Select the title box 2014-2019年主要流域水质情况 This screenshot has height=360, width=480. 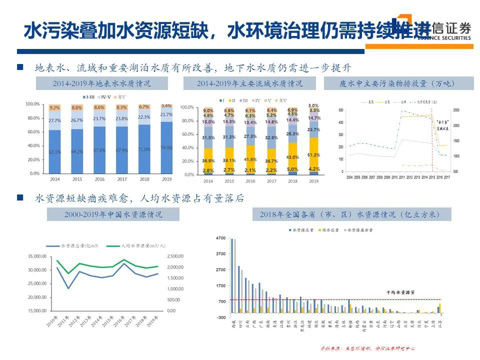pyautogui.click(x=249, y=83)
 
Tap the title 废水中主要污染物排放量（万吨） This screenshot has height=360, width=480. pyautogui.click(x=398, y=83)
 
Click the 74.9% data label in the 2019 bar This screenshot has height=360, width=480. pyautogui.click(x=166, y=148)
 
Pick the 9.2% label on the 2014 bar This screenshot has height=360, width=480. pyautogui.click(x=54, y=108)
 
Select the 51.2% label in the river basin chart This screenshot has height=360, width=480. pyautogui.click(x=313, y=155)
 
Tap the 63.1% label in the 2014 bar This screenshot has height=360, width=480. pyautogui.click(x=54, y=152)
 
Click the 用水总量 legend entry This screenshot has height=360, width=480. pyautogui.click(x=329, y=230)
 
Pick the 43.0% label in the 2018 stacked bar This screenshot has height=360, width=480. pyautogui.click(x=292, y=157)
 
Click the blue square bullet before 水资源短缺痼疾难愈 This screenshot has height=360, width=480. pyautogui.click(x=20, y=198)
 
